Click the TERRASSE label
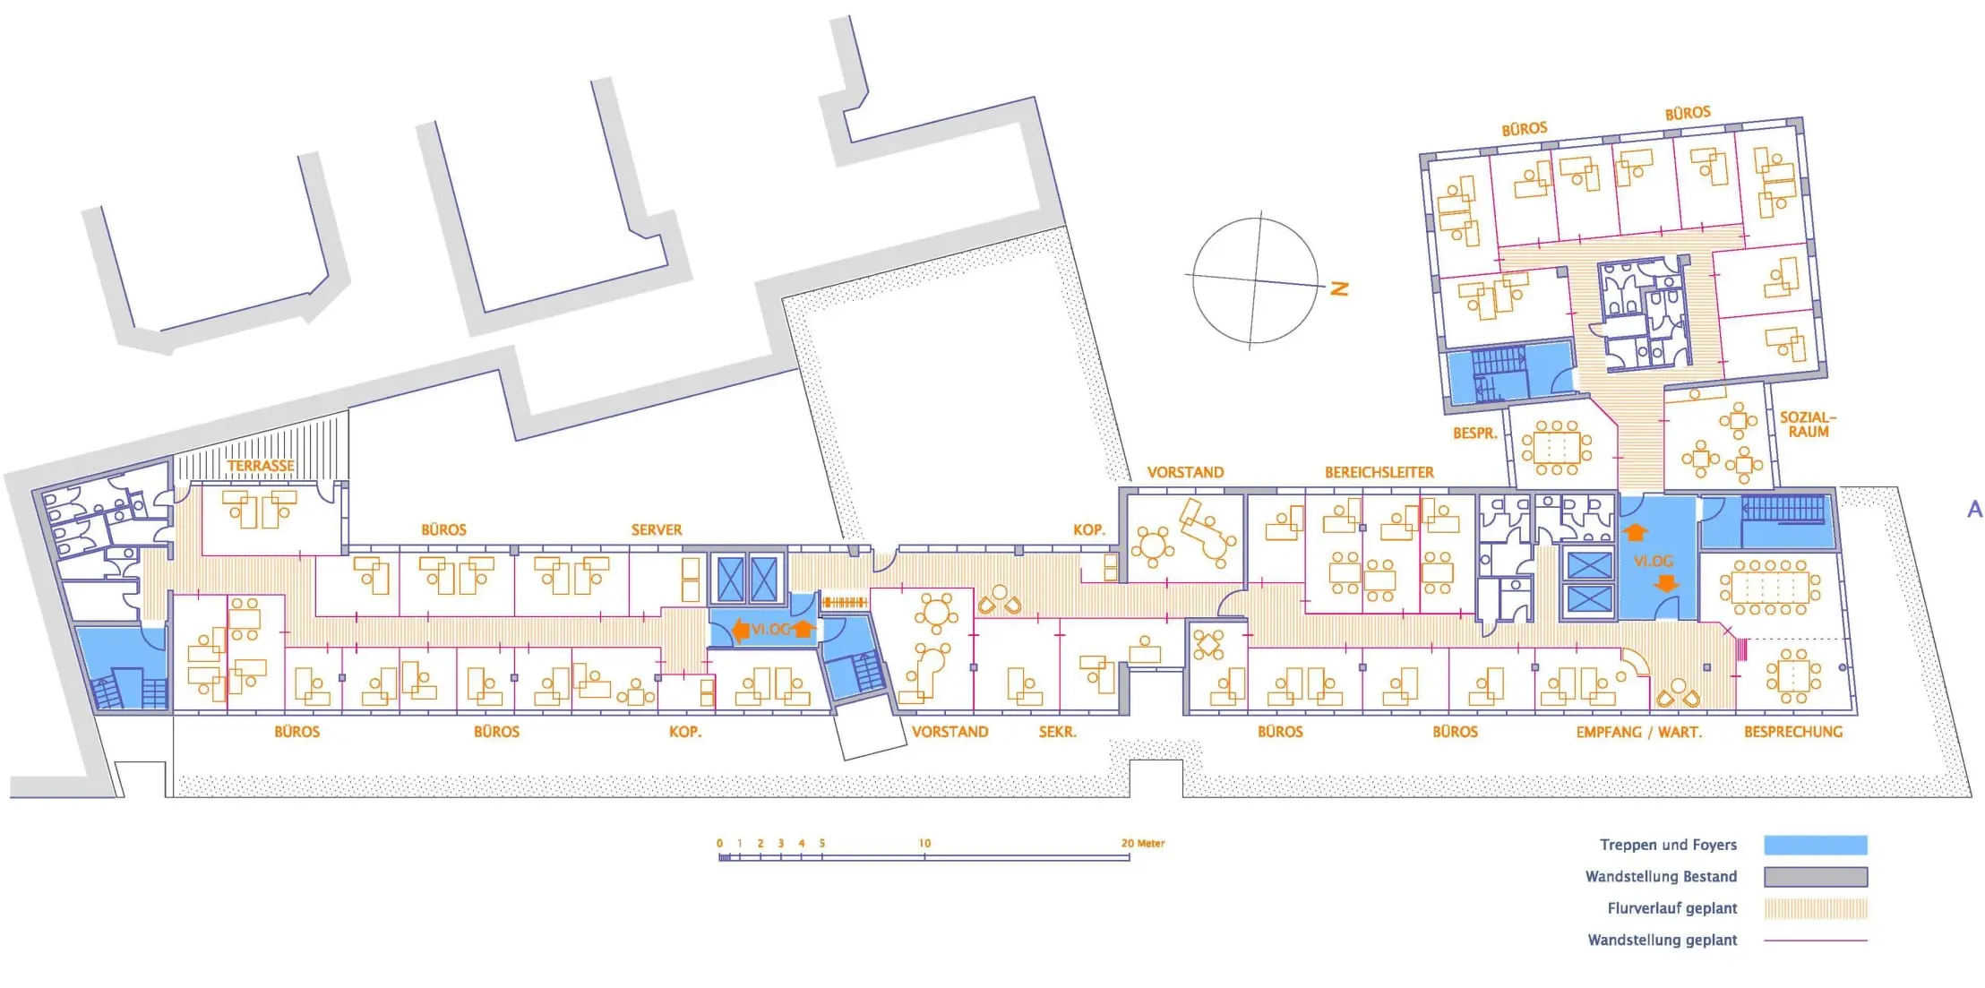pyautogui.click(x=261, y=466)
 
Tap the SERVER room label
pyautogui.click(x=657, y=530)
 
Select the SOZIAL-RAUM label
pyautogui.click(x=1808, y=425)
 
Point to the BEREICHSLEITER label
pyautogui.click(x=1379, y=472)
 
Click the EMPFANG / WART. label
pyautogui.click(x=1639, y=732)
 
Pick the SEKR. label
pyautogui.click(x=1058, y=732)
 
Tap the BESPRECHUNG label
pyautogui.click(x=1793, y=732)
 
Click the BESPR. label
pyautogui.click(x=1475, y=434)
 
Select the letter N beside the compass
pyautogui.click(x=1340, y=288)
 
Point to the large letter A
pyautogui.click(x=1974, y=510)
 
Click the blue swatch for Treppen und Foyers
pyautogui.click(x=1816, y=845)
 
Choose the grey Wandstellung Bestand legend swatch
pyautogui.click(x=1816, y=876)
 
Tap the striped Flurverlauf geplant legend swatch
pyautogui.click(x=1816, y=908)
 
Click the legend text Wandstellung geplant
pyautogui.click(x=1663, y=940)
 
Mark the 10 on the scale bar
pyautogui.click(x=924, y=843)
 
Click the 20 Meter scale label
pyautogui.click(x=1143, y=843)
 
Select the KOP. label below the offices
pyautogui.click(x=685, y=732)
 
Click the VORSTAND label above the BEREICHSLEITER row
pyautogui.click(x=1185, y=472)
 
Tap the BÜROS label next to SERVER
pyautogui.click(x=444, y=530)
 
